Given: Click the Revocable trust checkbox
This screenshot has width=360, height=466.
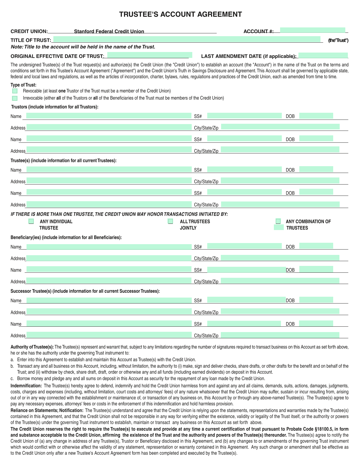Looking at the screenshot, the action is [x=15, y=91].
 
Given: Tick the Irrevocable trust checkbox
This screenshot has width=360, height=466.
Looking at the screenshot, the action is [x=15, y=98].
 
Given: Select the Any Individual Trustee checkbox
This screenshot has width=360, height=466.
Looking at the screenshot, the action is [x=31, y=221].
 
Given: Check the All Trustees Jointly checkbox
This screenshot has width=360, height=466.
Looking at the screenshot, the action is [x=171, y=221].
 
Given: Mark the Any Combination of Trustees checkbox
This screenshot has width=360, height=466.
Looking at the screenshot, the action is [x=278, y=221].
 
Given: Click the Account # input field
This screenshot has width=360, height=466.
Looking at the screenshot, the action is [x=313, y=30].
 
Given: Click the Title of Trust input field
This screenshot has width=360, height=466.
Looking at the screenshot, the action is [x=187, y=39].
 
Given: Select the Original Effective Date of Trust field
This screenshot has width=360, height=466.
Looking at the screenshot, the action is [x=149, y=55].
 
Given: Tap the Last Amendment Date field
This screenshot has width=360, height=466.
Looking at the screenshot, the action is [x=323, y=55].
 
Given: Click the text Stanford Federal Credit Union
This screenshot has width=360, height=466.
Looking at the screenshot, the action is [x=109, y=31].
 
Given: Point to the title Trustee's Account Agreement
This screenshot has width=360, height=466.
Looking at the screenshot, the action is [x=180, y=14].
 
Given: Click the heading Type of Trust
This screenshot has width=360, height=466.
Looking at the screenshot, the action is [x=23, y=85].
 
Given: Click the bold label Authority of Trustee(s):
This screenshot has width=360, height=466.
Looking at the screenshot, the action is [x=32, y=347].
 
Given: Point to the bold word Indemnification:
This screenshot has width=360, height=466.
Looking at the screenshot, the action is [x=26, y=386].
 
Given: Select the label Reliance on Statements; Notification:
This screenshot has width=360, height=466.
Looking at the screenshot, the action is [x=47, y=410].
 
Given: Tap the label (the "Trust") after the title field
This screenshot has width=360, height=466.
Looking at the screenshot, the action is [x=338, y=40].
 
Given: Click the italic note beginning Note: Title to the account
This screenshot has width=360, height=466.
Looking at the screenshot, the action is [x=83, y=47].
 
